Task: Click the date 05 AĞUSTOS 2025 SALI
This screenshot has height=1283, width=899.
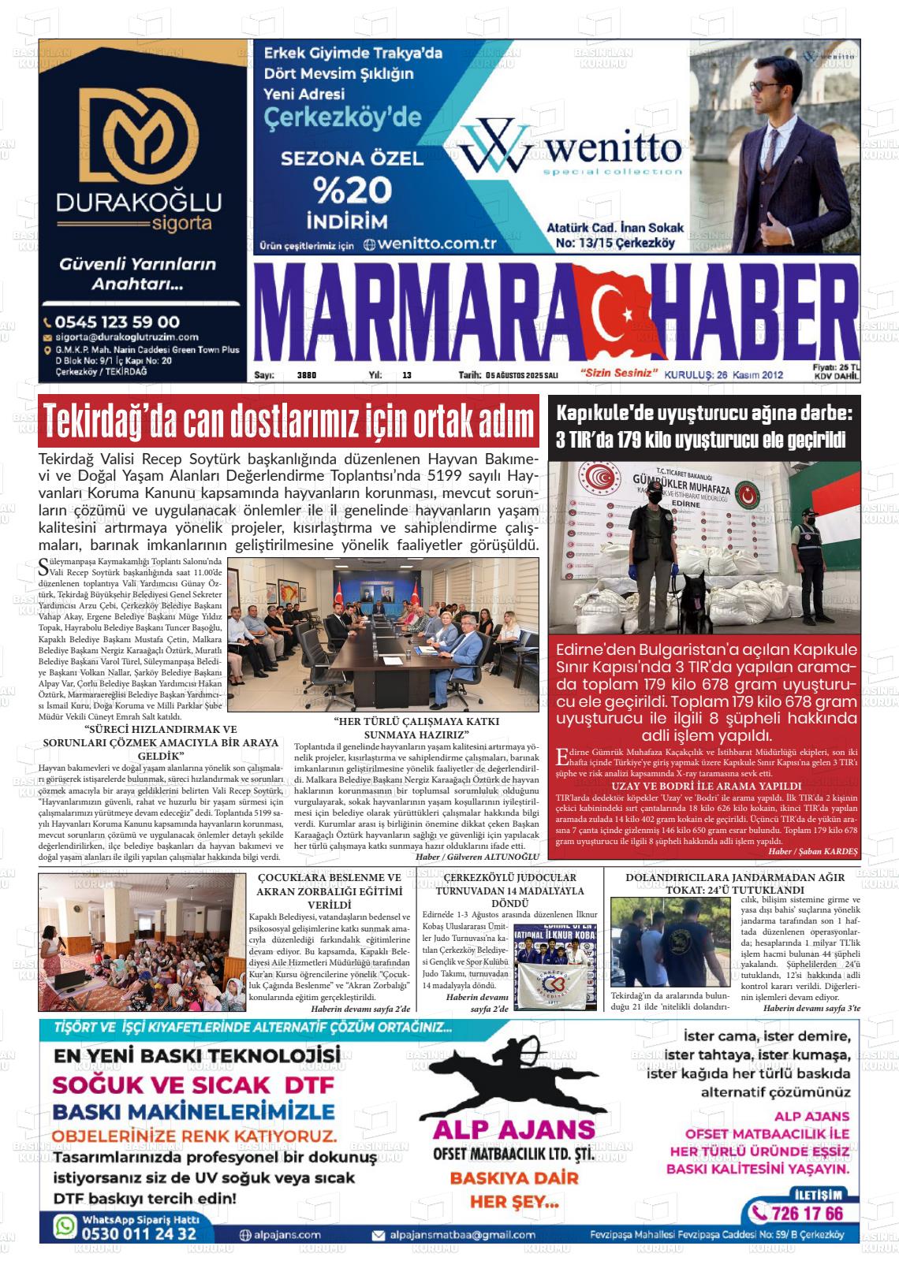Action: pos(522,375)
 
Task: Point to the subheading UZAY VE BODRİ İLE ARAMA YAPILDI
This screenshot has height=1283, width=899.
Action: pos(707,786)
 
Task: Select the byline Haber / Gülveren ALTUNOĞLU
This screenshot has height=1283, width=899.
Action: pos(477,856)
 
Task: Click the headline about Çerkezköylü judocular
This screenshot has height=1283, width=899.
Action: pos(509,890)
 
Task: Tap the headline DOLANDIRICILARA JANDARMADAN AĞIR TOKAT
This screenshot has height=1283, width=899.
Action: pos(735,883)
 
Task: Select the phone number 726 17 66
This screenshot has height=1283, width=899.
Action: pos(797,1212)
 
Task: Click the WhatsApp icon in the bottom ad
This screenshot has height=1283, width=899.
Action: pos(65,1226)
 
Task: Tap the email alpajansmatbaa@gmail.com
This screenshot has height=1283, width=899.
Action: pos(453,1235)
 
